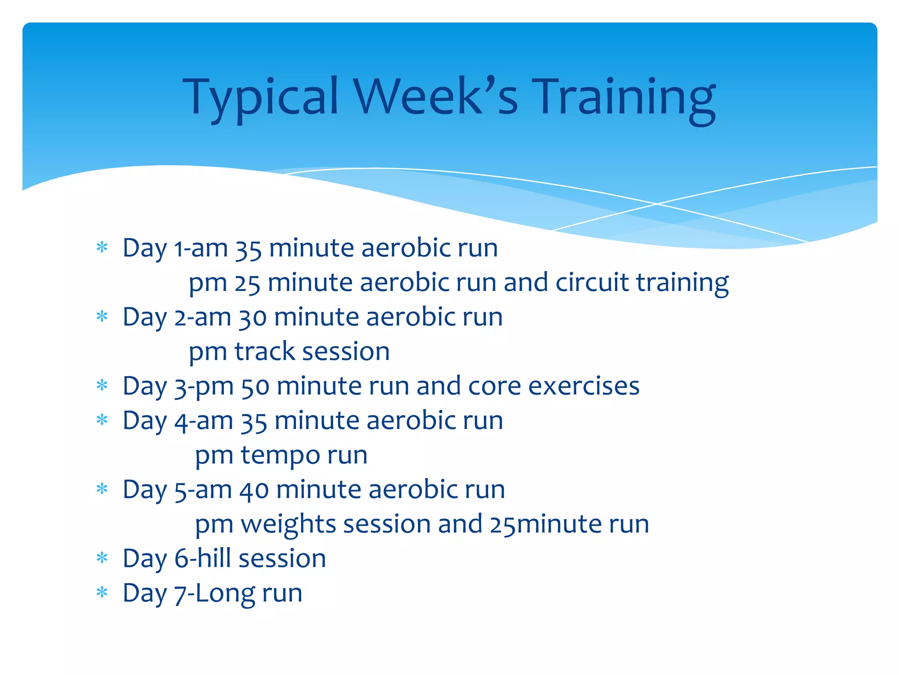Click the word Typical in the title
[x=261, y=98]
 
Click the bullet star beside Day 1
[x=102, y=247]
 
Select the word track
[x=265, y=352]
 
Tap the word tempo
[x=280, y=456]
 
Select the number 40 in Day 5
[x=254, y=490]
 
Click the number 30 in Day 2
[x=252, y=317]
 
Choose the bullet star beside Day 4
[x=102, y=420]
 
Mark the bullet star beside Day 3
[x=102, y=386]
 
